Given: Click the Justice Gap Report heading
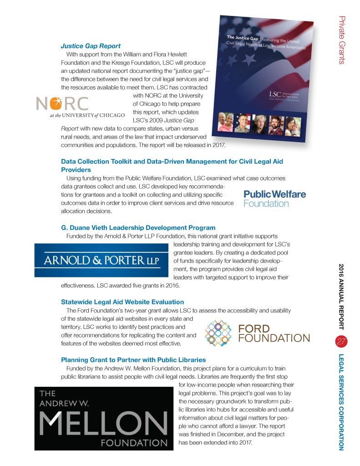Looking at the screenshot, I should [x=91, y=46].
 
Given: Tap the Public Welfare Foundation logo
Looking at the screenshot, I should [x=275, y=199].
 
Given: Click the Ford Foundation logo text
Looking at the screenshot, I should [x=274, y=333].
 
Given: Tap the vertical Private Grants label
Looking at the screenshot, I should [x=342, y=40].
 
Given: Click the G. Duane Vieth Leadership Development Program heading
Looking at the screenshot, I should [x=138, y=227].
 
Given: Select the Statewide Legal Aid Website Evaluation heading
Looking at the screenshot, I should [x=122, y=302].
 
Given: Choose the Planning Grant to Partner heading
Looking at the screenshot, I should [x=133, y=360].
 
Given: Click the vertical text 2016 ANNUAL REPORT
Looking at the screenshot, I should [x=342, y=296].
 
